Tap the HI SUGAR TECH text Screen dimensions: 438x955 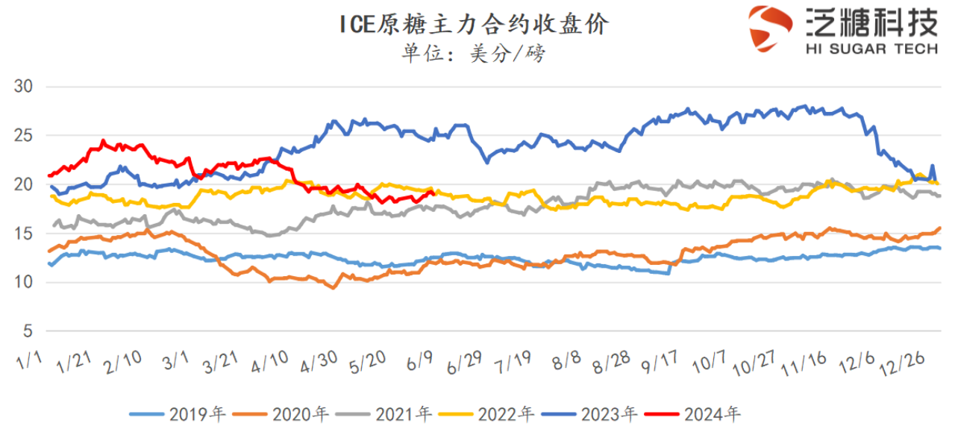(x=871, y=49)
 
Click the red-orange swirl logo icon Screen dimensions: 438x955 (x=771, y=28)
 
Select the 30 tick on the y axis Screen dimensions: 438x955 (x=25, y=87)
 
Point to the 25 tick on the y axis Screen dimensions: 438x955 (x=25, y=136)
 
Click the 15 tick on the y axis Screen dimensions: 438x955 (x=25, y=234)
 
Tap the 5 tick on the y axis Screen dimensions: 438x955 (x=28, y=331)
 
